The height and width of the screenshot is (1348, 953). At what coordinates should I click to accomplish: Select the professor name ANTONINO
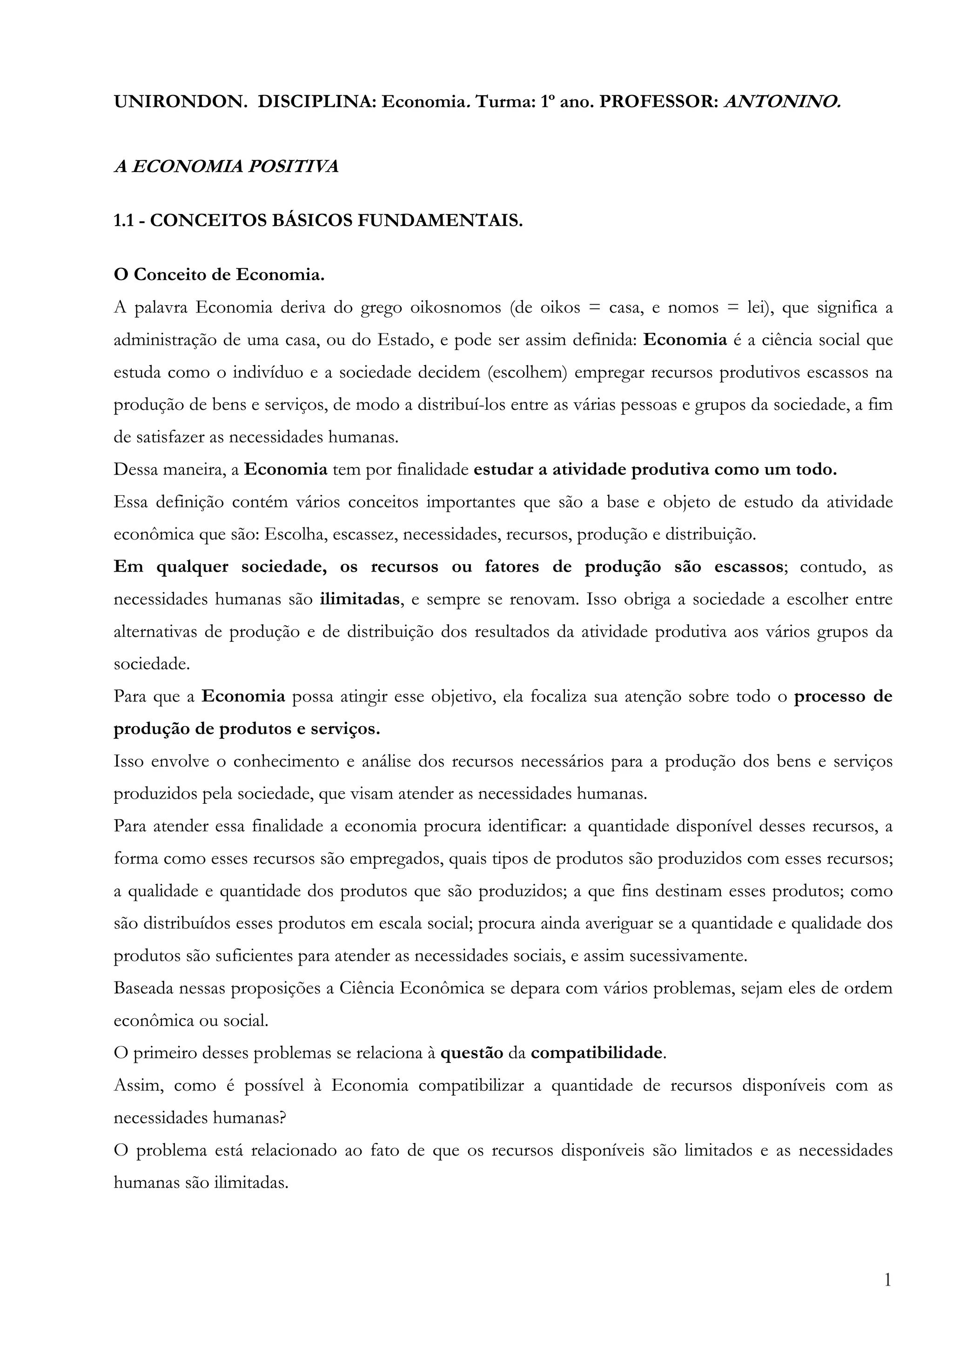point(782,102)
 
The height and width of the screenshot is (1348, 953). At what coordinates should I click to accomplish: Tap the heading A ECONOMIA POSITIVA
point(226,167)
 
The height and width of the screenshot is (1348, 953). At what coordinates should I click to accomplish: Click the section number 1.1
point(124,221)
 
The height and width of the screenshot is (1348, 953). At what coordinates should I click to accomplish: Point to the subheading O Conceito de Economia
point(219,275)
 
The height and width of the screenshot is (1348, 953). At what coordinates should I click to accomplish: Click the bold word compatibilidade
point(597,1053)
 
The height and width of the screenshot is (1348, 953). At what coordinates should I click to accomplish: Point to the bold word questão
point(471,1053)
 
